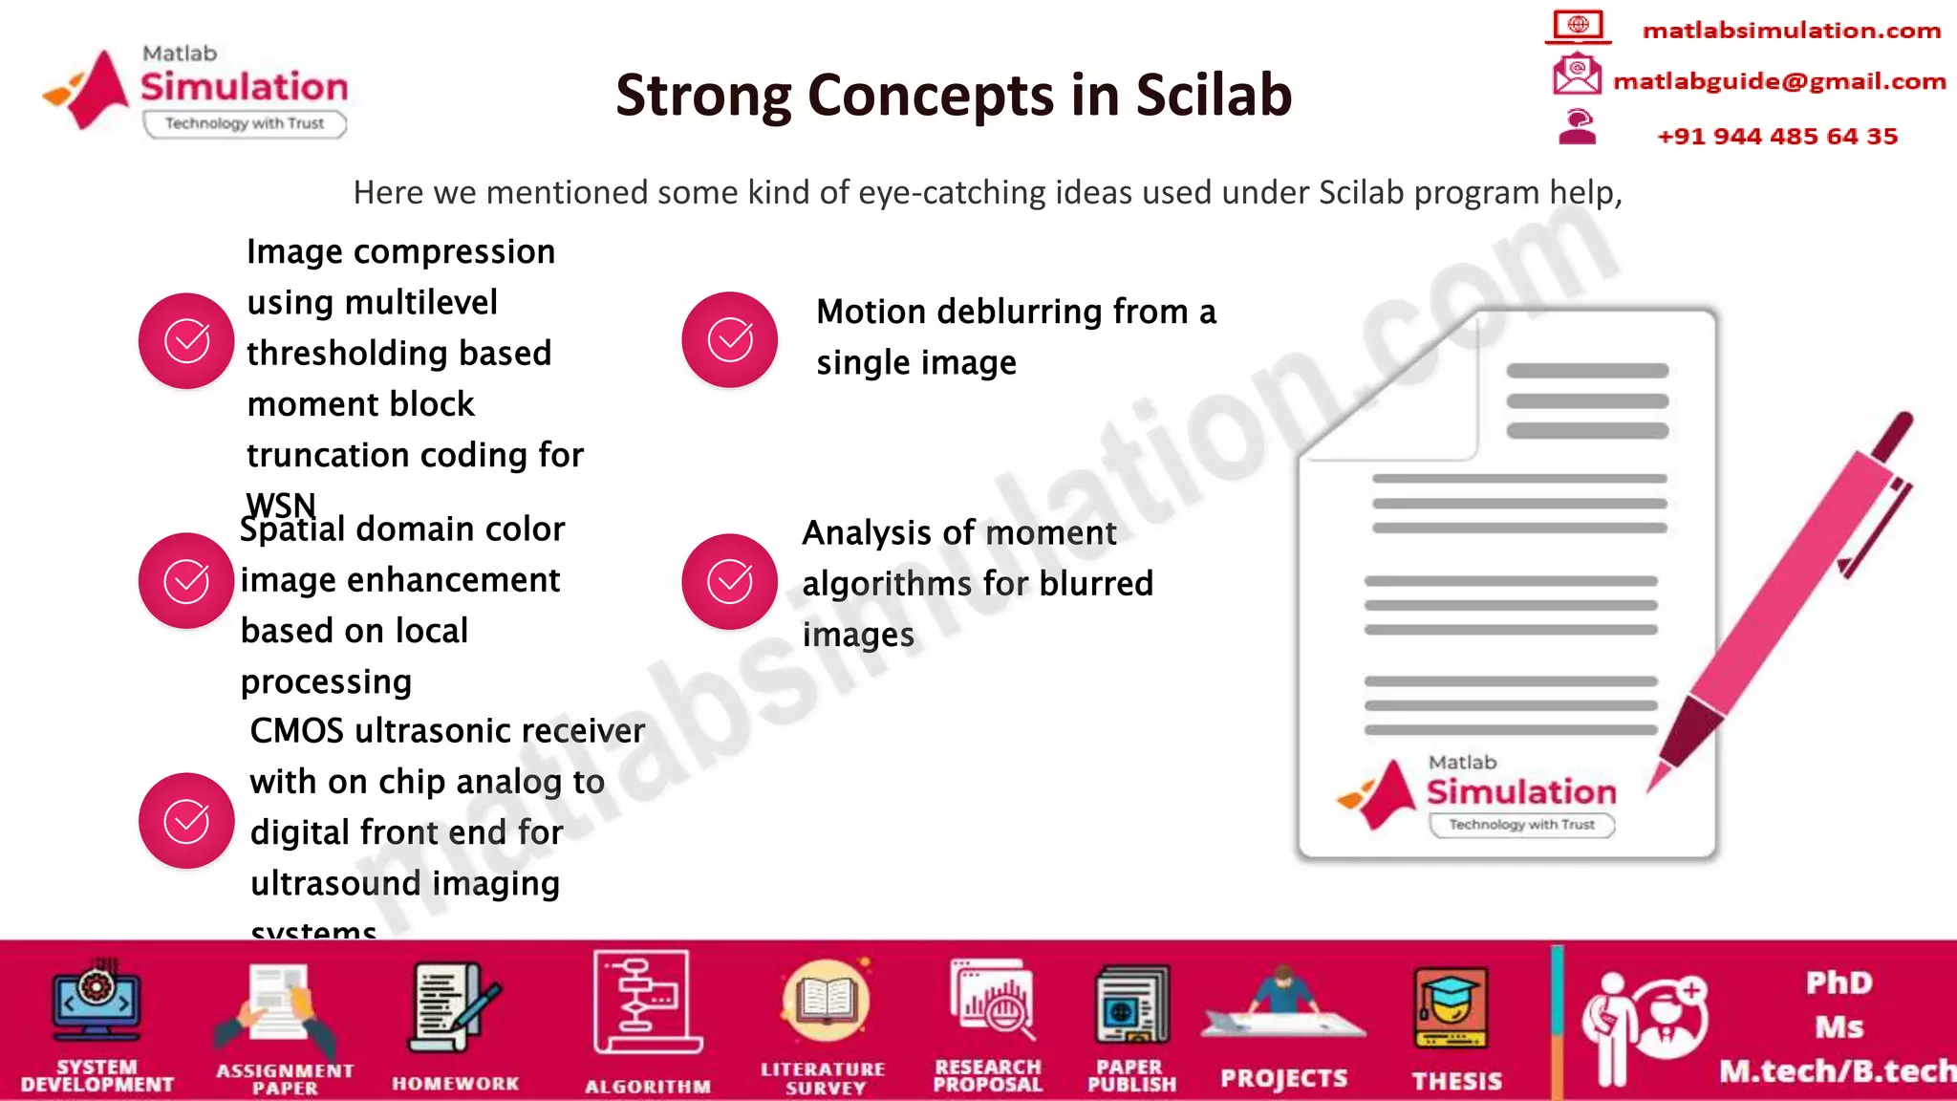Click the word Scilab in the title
click(x=1214, y=95)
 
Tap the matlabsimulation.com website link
click(x=1791, y=31)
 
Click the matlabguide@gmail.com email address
click(x=1778, y=81)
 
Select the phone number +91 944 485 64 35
click(x=1776, y=137)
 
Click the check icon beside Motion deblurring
click(x=729, y=339)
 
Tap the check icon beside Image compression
click(x=186, y=341)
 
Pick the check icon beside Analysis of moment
click(x=729, y=581)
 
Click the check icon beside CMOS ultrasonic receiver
click(x=186, y=821)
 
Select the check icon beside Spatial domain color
click(x=186, y=581)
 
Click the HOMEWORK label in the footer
click(x=455, y=1084)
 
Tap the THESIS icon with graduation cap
click(x=1451, y=1008)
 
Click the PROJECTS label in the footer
click(x=1283, y=1079)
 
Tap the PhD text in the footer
click(x=1838, y=983)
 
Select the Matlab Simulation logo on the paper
click(x=1477, y=793)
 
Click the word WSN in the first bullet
click(x=281, y=505)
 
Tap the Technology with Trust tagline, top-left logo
click(x=245, y=123)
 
